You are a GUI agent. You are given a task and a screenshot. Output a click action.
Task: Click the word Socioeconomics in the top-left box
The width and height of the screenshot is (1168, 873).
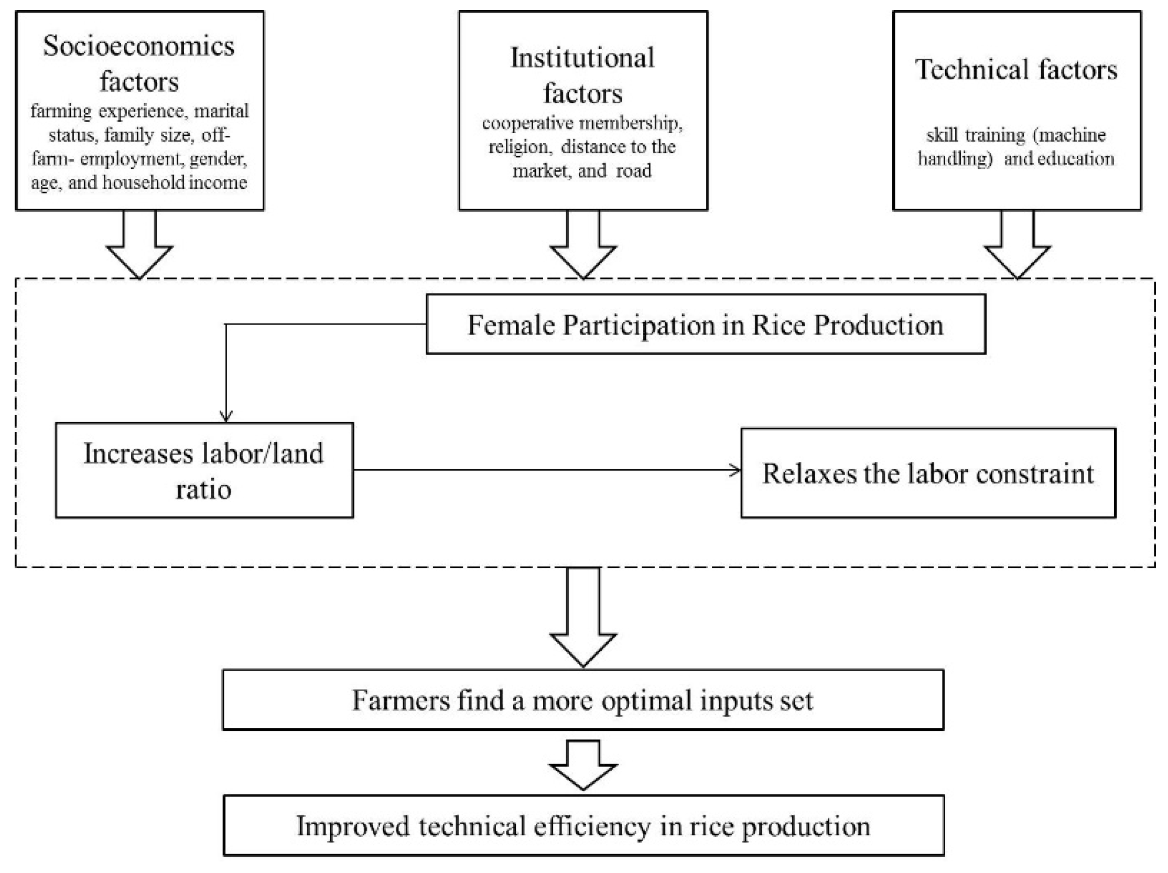pos(139,47)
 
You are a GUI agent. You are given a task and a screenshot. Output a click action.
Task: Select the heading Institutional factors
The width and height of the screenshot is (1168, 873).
pos(582,76)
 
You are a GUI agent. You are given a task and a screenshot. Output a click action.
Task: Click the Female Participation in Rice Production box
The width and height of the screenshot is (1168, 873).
pos(706,324)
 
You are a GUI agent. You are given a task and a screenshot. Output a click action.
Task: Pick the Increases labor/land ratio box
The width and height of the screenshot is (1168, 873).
pos(204,470)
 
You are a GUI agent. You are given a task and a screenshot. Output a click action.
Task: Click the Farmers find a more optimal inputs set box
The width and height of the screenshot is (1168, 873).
pos(582,700)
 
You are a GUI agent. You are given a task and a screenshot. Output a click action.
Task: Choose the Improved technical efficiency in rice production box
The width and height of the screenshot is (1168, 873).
pos(583,826)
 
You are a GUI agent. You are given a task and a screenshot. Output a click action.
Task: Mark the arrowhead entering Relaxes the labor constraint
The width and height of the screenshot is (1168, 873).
pos(735,470)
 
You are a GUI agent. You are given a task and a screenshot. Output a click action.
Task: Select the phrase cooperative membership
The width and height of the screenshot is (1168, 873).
pos(582,123)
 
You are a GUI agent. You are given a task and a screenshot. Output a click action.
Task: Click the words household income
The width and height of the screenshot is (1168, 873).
pos(174,183)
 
